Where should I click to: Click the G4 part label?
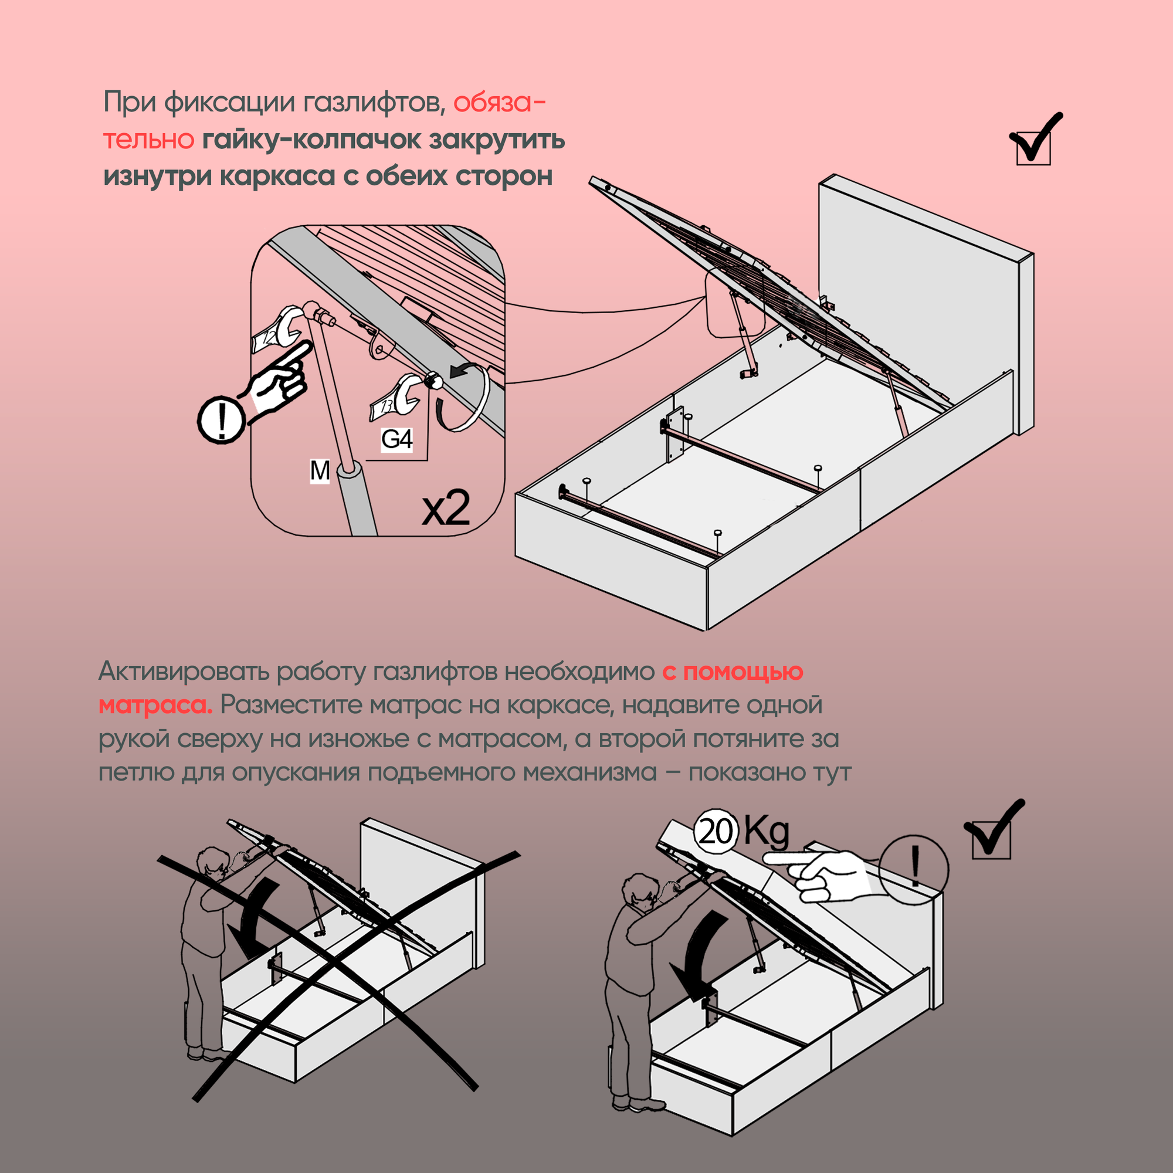tap(396, 439)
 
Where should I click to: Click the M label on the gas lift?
tap(320, 470)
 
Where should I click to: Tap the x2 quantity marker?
tap(446, 508)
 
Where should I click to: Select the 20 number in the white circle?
tap(716, 831)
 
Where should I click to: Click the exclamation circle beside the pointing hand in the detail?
tap(222, 418)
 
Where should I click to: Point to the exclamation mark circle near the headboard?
tap(914, 867)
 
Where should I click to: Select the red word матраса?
tap(155, 706)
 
